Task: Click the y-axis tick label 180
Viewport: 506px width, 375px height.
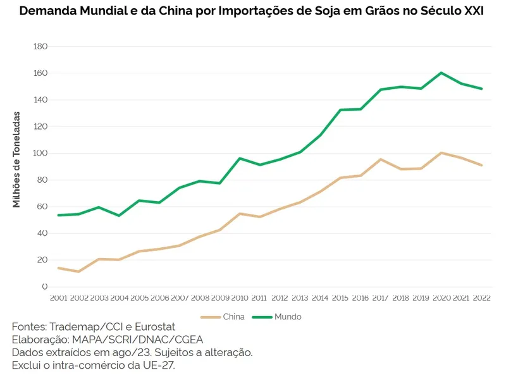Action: pyautogui.click(x=40, y=47)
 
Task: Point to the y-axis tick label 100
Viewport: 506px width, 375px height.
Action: pyautogui.click(x=40, y=154)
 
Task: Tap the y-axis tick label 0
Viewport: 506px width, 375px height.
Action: pyautogui.click(x=44, y=287)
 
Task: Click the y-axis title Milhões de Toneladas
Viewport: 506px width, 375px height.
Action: pyautogui.click(x=17, y=159)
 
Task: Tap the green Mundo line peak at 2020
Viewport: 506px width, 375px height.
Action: pyautogui.click(x=441, y=73)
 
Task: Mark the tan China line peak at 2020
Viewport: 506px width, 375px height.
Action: pyautogui.click(x=441, y=152)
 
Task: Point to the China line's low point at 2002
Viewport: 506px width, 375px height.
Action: pyautogui.click(x=78, y=271)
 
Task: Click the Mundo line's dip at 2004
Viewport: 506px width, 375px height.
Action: pyautogui.click(x=119, y=216)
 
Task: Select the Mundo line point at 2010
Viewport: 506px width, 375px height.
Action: pyautogui.click(x=240, y=158)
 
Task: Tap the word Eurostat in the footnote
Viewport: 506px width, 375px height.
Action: pyautogui.click(x=152, y=327)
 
